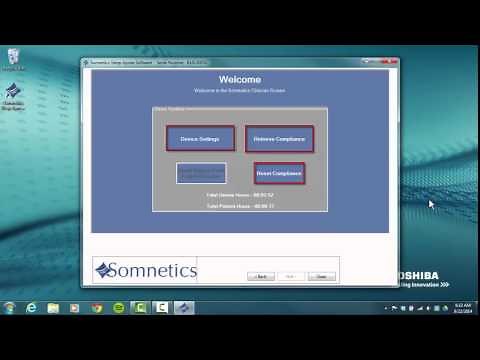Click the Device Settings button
[x=200, y=138]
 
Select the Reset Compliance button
[x=279, y=174]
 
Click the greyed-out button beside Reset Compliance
[x=201, y=173]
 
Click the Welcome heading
[x=239, y=78]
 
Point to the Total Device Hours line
[x=239, y=194]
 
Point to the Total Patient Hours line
[x=239, y=205]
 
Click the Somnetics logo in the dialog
[x=146, y=270]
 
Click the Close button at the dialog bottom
[x=321, y=276]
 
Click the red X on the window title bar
[x=391, y=62]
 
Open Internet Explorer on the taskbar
[x=32, y=307]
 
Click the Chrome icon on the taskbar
[x=97, y=307]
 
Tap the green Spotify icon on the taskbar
[x=119, y=307]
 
